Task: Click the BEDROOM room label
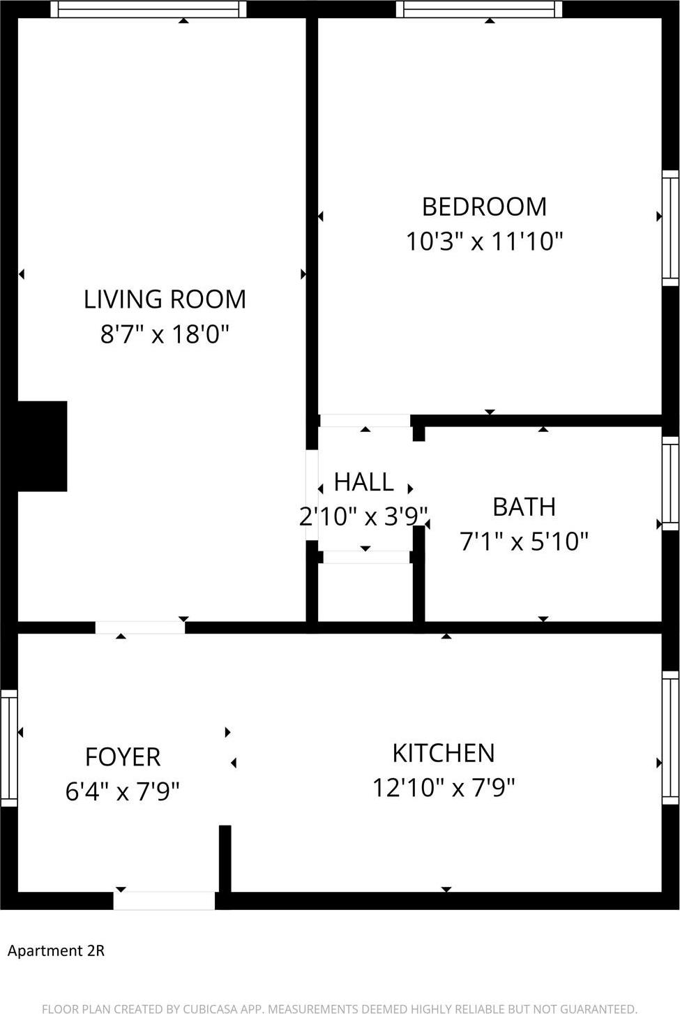(x=484, y=207)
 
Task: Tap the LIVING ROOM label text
(x=165, y=299)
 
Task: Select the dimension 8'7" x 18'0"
(x=165, y=334)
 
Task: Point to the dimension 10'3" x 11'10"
(x=484, y=241)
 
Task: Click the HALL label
(x=363, y=482)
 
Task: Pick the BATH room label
(x=524, y=507)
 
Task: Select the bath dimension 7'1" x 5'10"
(x=524, y=542)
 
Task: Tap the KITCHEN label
(x=444, y=753)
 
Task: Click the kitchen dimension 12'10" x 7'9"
(x=444, y=788)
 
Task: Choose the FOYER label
(x=123, y=756)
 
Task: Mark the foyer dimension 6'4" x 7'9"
(x=123, y=791)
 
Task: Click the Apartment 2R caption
(x=56, y=950)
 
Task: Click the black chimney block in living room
(x=42, y=446)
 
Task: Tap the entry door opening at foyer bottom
(x=164, y=901)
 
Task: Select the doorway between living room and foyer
(x=139, y=627)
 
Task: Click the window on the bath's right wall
(x=670, y=484)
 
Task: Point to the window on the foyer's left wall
(x=8, y=748)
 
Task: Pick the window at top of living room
(x=149, y=9)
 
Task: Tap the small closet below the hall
(x=365, y=592)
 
